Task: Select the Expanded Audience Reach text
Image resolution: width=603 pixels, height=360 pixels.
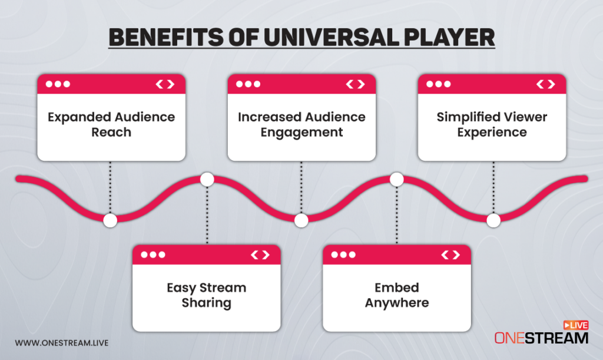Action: (111, 124)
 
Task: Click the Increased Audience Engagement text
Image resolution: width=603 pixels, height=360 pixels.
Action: (301, 124)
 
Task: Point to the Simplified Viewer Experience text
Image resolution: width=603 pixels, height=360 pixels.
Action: (492, 124)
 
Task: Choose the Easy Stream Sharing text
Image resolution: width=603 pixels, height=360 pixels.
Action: (206, 296)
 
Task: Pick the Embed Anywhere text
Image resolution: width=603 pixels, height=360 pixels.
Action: (396, 296)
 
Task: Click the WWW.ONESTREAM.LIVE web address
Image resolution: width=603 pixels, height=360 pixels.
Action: (62, 342)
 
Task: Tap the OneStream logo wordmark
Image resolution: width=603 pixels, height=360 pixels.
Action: (541, 338)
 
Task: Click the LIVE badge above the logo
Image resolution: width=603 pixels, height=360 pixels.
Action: (576, 325)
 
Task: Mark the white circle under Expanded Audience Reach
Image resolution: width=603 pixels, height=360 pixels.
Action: (110, 220)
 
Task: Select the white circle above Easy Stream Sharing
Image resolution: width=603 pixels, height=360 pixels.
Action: (207, 179)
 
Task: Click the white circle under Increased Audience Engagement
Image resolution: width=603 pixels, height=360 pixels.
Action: (301, 220)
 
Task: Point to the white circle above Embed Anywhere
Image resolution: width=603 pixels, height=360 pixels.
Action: (397, 179)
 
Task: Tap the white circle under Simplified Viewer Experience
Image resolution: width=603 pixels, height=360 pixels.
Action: (493, 220)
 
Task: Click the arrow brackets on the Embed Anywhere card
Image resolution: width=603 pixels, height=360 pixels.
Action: (450, 255)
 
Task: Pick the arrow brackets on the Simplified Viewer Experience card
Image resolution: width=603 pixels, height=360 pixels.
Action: (545, 84)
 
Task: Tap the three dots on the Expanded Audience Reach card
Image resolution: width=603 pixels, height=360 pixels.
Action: (58, 84)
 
